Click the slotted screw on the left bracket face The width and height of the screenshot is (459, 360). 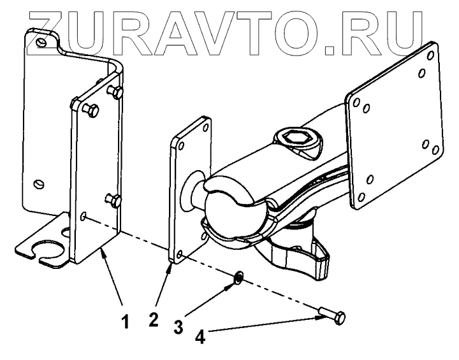tap(40, 185)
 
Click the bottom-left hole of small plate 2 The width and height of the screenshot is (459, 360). tap(179, 254)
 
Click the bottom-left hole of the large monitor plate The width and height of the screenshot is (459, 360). tap(361, 196)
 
